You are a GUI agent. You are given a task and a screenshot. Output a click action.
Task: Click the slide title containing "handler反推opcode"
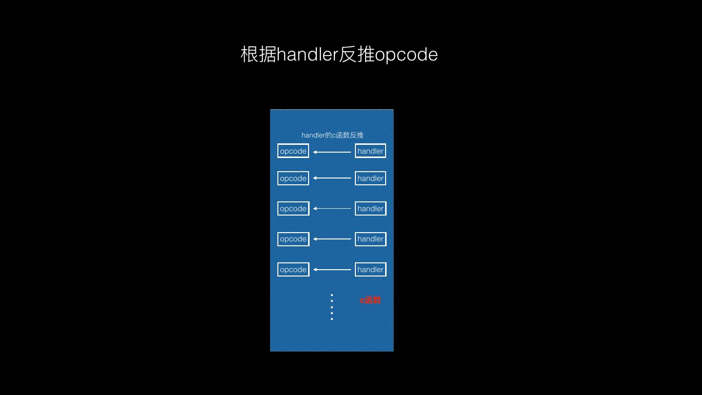point(339,54)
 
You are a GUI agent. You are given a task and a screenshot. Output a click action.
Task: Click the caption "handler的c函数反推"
point(332,135)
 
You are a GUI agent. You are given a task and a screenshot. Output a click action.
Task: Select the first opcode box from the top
point(293,151)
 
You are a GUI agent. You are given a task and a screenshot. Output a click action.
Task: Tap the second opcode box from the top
point(293,178)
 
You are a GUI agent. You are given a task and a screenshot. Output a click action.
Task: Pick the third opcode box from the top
point(293,209)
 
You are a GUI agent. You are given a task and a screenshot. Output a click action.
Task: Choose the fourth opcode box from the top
point(293,239)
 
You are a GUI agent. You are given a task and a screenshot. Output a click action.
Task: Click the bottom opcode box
point(293,270)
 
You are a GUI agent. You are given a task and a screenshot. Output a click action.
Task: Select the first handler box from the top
point(370,151)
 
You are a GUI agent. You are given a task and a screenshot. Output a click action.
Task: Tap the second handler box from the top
point(370,178)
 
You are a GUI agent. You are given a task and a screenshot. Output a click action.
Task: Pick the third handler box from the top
point(370,209)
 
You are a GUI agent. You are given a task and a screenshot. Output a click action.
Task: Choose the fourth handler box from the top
point(370,239)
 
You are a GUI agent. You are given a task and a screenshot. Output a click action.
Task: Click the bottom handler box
point(370,270)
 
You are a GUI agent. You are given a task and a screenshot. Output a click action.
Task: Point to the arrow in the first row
point(332,152)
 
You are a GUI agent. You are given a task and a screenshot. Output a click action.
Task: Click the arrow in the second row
point(332,178)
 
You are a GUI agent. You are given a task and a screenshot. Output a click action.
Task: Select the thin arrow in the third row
point(332,208)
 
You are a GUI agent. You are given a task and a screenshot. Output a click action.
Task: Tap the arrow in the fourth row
point(332,239)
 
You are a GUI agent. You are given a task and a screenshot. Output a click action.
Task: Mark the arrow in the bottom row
point(332,269)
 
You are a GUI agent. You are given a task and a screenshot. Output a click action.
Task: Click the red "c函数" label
point(370,300)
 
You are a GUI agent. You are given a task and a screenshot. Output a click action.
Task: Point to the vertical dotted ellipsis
point(332,307)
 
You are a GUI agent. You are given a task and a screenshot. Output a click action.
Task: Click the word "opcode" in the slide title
point(407,55)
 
